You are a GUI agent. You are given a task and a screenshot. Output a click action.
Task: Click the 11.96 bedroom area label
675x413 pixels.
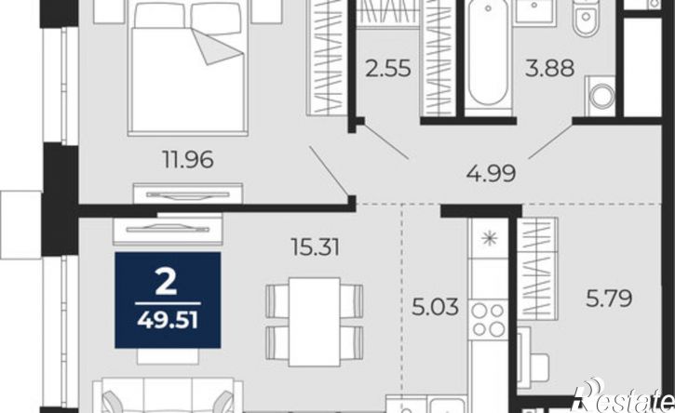(x=188, y=160)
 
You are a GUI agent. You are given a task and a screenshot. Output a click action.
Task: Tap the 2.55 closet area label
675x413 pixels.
(x=388, y=69)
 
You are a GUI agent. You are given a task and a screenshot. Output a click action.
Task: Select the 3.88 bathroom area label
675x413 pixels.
(x=549, y=69)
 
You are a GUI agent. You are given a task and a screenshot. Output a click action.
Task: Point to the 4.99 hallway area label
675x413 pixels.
(x=491, y=174)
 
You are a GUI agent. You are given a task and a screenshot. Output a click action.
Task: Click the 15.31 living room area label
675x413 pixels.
(x=315, y=247)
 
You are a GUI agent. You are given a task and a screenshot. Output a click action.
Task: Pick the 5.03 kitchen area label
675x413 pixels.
(x=435, y=307)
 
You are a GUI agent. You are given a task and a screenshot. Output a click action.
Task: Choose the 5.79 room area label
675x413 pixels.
(x=609, y=299)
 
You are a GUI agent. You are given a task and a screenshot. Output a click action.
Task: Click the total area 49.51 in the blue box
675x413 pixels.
(x=168, y=321)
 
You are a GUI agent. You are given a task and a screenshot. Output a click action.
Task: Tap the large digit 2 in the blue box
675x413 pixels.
(x=166, y=283)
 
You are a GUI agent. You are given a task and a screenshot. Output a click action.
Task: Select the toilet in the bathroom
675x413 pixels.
(x=587, y=18)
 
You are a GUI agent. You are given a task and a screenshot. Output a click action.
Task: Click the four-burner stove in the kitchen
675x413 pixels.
(x=489, y=319)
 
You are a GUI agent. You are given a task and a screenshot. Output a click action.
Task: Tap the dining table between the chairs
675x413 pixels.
(x=315, y=322)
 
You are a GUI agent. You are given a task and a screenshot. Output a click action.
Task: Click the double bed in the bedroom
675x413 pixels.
(x=189, y=69)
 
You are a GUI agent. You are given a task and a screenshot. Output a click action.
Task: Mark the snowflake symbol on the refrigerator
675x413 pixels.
(x=490, y=238)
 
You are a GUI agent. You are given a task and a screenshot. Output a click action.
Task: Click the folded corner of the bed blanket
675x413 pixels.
(x=217, y=47)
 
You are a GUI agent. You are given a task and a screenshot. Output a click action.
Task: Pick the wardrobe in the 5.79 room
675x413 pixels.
(x=537, y=269)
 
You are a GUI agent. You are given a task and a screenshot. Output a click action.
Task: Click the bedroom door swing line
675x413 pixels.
(x=330, y=171)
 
